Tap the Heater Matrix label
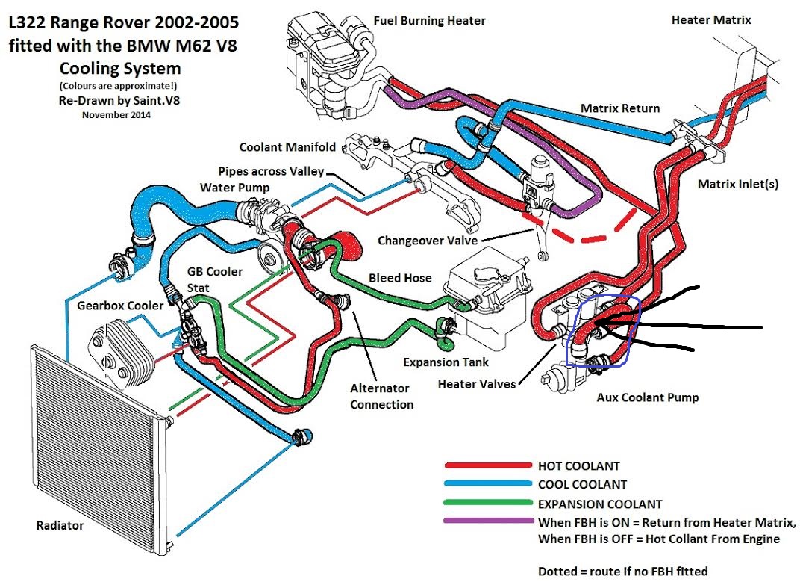(711, 20)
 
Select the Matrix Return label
(620, 108)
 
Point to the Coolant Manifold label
(287, 147)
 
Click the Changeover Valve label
(427, 241)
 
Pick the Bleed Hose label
(400, 278)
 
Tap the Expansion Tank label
(446, 362)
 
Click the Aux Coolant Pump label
(648, 397)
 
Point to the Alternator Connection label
(381, 397)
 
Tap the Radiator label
(60, 526)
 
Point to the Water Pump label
(234, 187)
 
